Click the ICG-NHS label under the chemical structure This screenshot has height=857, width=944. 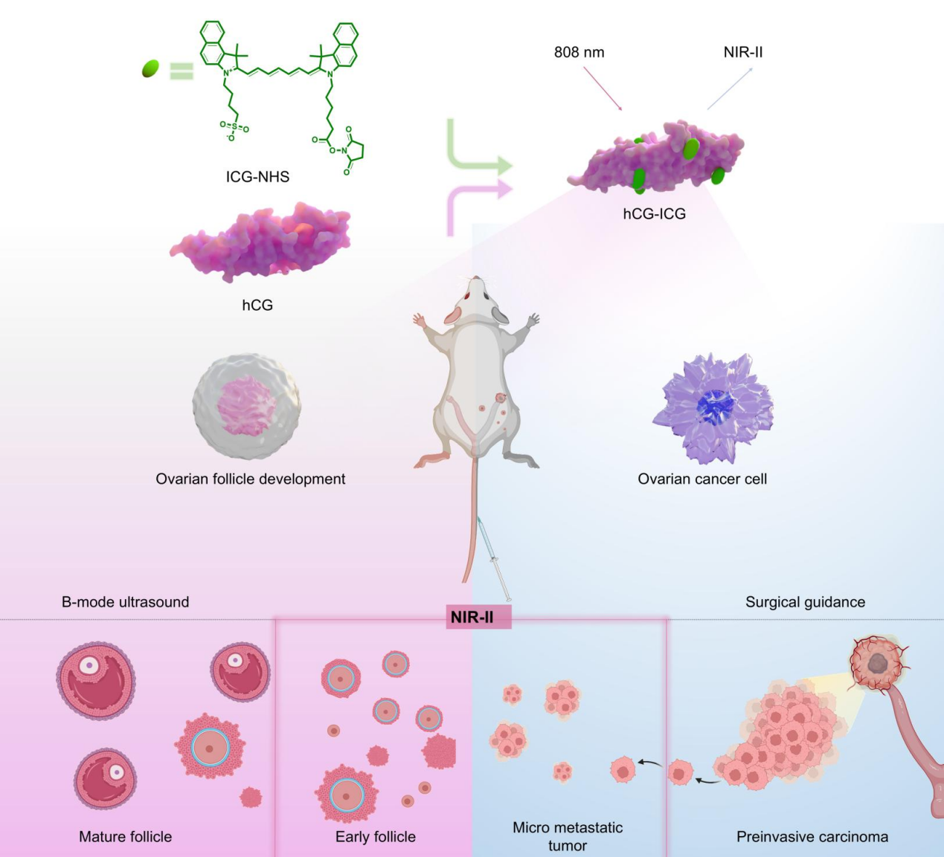[x=257, y=177]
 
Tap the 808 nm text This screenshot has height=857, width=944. [x=579, y=53]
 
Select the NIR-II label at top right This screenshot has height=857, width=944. [x=742, y=53]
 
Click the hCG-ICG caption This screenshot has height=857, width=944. [x=654, y=214]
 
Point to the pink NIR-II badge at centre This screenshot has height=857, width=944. [x=472, y=617]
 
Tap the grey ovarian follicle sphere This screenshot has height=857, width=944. [x=246, y=404]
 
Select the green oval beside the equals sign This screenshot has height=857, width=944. [x=150, y=69]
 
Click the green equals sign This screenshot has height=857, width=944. [x=181, y=71]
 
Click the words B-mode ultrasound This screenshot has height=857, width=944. [x=125, y=602]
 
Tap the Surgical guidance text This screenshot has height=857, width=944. [x=805, y=602]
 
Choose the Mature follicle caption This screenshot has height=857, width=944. [x=125, y=837]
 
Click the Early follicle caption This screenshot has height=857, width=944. [x=375, y=837]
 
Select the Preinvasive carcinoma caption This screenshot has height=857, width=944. [x=812, y=837]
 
